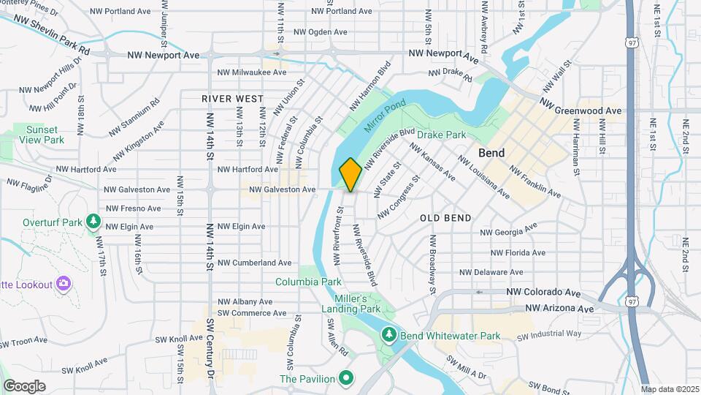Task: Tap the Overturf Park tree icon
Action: (93, 220)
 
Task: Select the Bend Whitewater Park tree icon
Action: (389, 335)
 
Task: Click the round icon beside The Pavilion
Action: (346, 378)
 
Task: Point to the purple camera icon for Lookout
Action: (64, 283)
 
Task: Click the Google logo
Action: (24, 385)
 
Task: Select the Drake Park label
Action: (441, 135)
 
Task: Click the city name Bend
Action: (492, 153)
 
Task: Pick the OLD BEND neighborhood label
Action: (445, 218)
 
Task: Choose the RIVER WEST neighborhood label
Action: (232, 98)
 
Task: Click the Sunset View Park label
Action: (42, 134)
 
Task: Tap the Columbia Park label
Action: (308, 282)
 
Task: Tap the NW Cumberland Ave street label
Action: (254, 263)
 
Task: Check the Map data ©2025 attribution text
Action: (670, 388)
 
